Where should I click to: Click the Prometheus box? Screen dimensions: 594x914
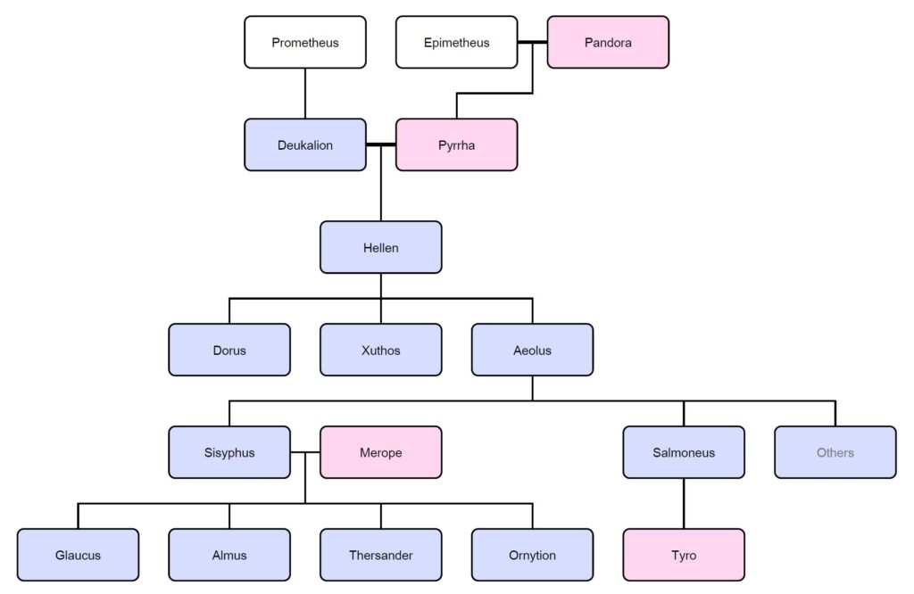point(305,42)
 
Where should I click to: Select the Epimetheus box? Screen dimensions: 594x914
point(456,42)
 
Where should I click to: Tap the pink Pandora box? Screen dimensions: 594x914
point(608,42)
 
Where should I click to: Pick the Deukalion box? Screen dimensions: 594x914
point(305,144)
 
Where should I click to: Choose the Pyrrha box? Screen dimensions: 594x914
point(456,144)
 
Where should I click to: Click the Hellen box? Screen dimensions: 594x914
point(380,247)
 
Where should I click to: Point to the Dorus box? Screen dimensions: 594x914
point(229,350)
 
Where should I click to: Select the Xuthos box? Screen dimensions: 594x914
point(380,350)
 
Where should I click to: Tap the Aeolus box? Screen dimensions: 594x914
point(532,350)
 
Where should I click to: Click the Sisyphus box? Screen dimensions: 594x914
point(229,452)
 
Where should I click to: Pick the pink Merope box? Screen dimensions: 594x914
point(380,452)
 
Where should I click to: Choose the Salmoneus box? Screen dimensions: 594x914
point(684,452)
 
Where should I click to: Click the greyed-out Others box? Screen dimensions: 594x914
point(835,452)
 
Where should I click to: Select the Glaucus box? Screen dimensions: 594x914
point(78,555)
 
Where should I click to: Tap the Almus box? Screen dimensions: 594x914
point(229,555)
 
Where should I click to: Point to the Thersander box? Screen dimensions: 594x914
point(380,555)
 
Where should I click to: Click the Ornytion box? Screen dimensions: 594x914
point(532,555)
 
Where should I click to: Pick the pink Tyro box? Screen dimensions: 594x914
point(684,555)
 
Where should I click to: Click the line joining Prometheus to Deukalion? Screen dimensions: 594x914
point(305,93)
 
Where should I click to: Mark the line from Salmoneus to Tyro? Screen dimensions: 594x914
point(684,503)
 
